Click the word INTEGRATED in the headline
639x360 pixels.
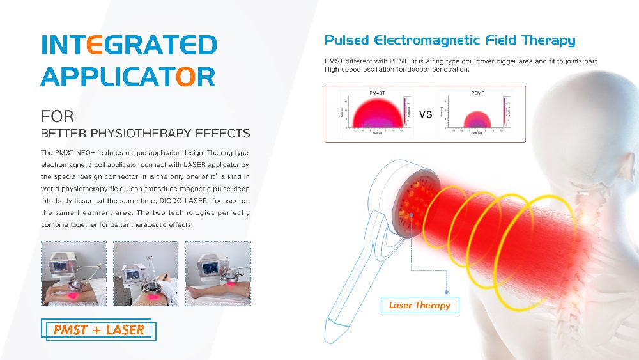point(128,45)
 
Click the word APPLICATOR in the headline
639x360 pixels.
point(127,77)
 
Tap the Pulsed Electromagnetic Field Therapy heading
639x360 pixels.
point(449,41)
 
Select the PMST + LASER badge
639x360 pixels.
point(100,330)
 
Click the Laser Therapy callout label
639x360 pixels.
point(420,305)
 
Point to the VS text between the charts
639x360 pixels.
point(426,114)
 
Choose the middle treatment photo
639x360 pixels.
point(146,273)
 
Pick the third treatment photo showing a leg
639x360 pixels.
point(218,273)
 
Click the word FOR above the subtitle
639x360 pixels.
point(57,117)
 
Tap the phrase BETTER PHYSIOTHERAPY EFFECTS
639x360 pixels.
point(145,134)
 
